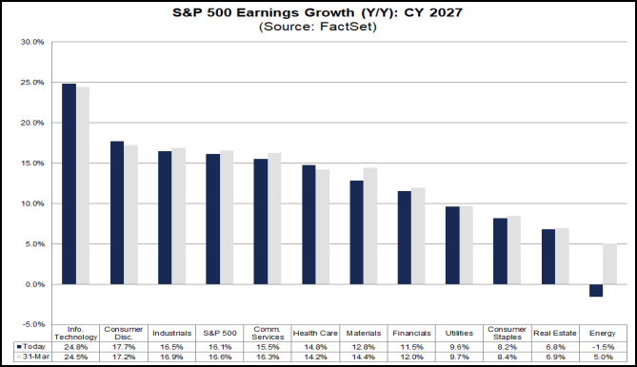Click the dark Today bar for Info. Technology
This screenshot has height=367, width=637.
(69, 183)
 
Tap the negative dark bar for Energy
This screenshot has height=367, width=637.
(597, 290)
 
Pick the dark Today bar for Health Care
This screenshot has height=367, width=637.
(309, 224)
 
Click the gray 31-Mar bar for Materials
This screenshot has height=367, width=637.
(370, 226)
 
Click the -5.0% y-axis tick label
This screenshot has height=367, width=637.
(32, 324)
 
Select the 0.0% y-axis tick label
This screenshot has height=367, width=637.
(33, 284)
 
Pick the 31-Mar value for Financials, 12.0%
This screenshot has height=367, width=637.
(411, 358)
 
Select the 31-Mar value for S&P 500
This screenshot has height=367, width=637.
(220, 358)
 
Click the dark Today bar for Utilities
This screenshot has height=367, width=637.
(453, 245)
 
